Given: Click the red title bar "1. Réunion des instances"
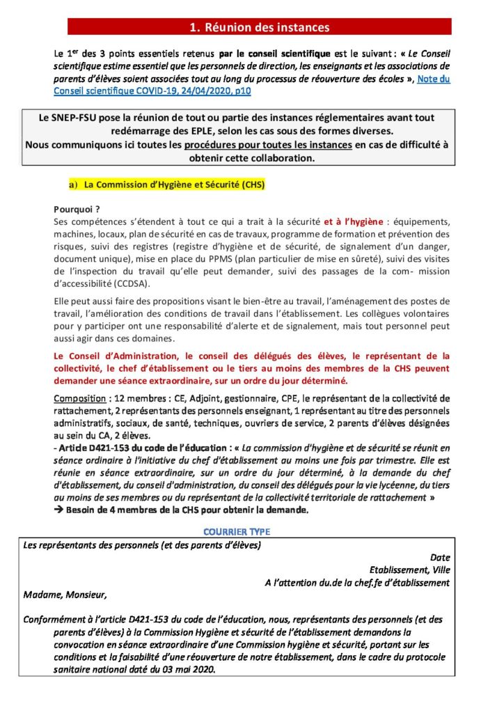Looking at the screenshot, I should (259, 27).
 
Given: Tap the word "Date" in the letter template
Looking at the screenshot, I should (440, 557).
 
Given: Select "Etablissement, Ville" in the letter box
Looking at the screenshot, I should (410, 570).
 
